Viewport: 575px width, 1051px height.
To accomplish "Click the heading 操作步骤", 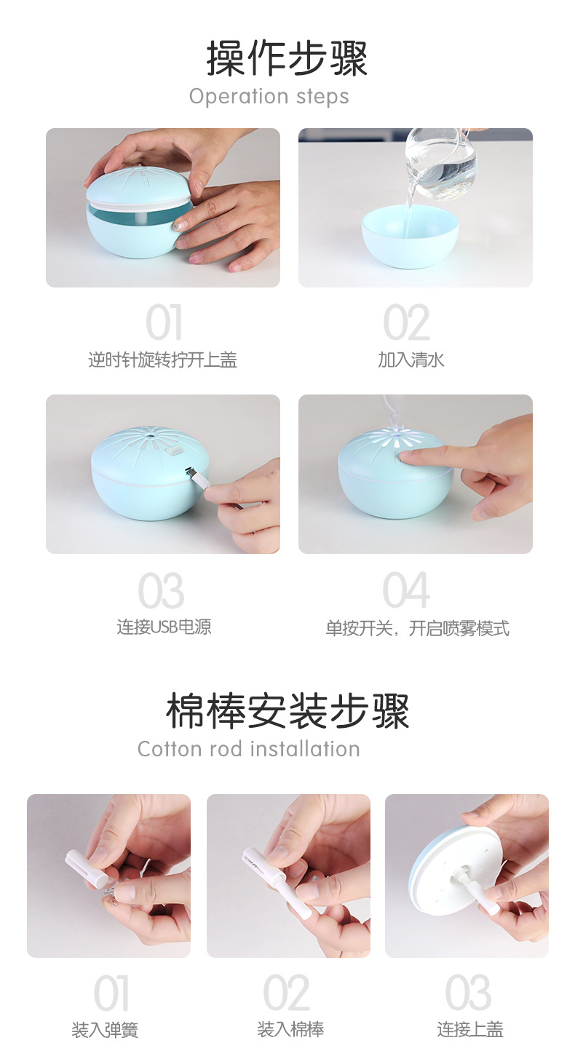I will pyautogui.click(x=287, y=58).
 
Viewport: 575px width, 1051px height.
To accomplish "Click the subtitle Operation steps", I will pyautogui.click(x=269, y=96).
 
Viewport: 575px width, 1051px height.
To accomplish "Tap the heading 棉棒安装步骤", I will pyautogui.click(x=287, y=711).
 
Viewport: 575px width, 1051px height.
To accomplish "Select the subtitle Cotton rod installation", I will pyautogui.click(x=248, y=749).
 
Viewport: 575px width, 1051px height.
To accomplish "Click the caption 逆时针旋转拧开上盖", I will pyautogui.click(x=162, y=360).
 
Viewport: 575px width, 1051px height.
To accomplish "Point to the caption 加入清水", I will pyautogui.click(x=411, y=360).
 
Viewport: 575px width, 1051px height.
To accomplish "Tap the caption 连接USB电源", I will pyautogui.click(x=164, y=627).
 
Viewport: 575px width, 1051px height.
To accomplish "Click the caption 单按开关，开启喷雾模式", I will pyautogui.click(x=417, y=628).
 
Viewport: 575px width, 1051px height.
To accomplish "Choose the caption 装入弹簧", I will pyautogui.click(x=105, y=1030).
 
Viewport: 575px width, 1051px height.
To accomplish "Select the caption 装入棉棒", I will pyautogui.click(x=290, y=1029).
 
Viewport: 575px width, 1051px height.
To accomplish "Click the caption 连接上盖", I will pyautogui.click(x=469, y=1029).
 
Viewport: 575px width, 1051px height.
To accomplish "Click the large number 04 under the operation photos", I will pyautogui.click(x=406, y=591).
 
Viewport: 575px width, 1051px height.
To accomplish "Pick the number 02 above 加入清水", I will pyautogui.click(x=406, y=324).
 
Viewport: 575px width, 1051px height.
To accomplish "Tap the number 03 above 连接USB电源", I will pyautogui.click(x=162, y=591).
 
